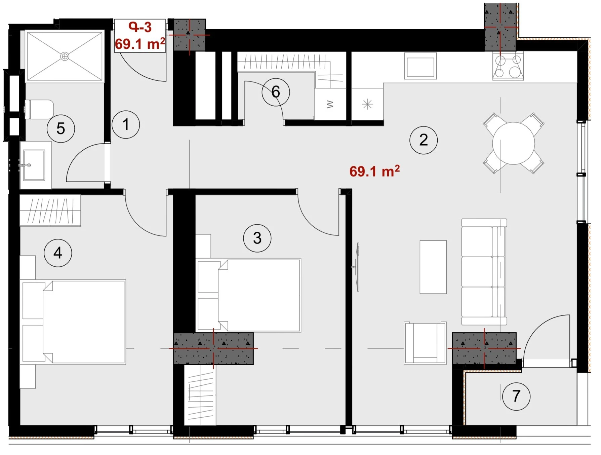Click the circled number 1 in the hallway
point(126,124)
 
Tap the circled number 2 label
point(424,140)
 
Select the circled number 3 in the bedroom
point(257,238)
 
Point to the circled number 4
point(58,253)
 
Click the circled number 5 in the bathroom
point(61,128)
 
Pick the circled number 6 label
point(276,92)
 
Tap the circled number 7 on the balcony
point(516,396)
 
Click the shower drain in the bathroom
point(65,56)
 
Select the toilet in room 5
point(39,109)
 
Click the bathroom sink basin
point(34,165)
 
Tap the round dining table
point(513,143)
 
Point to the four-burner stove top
point(508,66)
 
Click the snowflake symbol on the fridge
point(367,104)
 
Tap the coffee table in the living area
point(433,267)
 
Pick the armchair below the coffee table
point(425,343)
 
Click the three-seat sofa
point(484,272)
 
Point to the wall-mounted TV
point(357,267)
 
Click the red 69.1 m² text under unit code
point(140,44)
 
